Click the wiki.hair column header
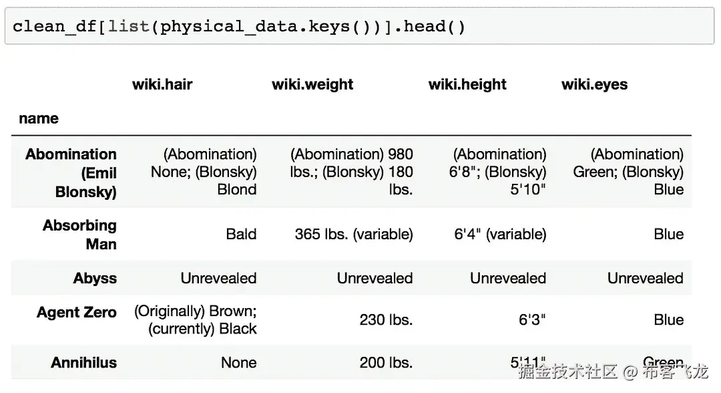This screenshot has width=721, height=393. pos(162,84)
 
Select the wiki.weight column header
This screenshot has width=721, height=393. pos(312,84)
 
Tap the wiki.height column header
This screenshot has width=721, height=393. pos(467,84)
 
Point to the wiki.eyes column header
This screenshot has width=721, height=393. pos(594,84)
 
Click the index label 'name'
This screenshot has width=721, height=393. pos(39,118)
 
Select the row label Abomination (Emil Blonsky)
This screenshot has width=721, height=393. pos(71,173)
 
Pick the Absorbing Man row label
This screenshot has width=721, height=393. pos(79,235)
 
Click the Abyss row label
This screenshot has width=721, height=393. pos(95,278)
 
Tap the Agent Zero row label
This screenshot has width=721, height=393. pos(76,312)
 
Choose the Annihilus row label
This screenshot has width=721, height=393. pos(83,363)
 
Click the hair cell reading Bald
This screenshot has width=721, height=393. pos(241,234)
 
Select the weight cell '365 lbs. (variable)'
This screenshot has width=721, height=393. pos(354,234)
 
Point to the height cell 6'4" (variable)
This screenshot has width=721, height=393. pos(500,234)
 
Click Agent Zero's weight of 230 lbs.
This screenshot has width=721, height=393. pos(386,320)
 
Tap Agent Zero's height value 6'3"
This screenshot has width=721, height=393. pos(532,320)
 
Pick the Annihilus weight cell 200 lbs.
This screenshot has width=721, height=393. pos(386,363)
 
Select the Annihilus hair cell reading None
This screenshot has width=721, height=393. pos(238,363)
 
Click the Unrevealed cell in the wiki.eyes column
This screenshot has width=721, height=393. pos(645,278)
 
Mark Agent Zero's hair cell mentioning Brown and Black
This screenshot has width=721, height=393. pos(196,320)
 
